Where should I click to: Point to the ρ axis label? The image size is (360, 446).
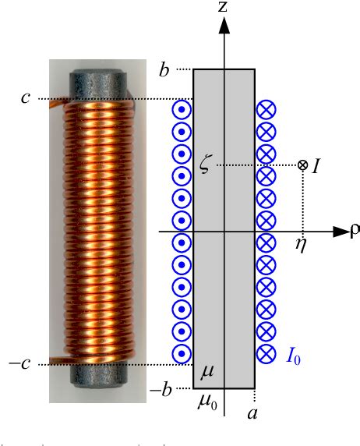click(x=354, y=232)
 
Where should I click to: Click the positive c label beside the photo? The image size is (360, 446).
click(x=26, y=98)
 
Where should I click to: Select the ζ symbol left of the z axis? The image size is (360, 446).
click(x=206, y=166)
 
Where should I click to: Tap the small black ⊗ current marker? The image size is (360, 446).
click(x=302, y=165)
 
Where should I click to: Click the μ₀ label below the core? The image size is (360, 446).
click(x=207, y=405)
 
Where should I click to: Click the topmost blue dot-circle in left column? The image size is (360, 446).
click(x=182, y=109)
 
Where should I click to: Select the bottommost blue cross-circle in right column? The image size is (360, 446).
click(x=266, y=353)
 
